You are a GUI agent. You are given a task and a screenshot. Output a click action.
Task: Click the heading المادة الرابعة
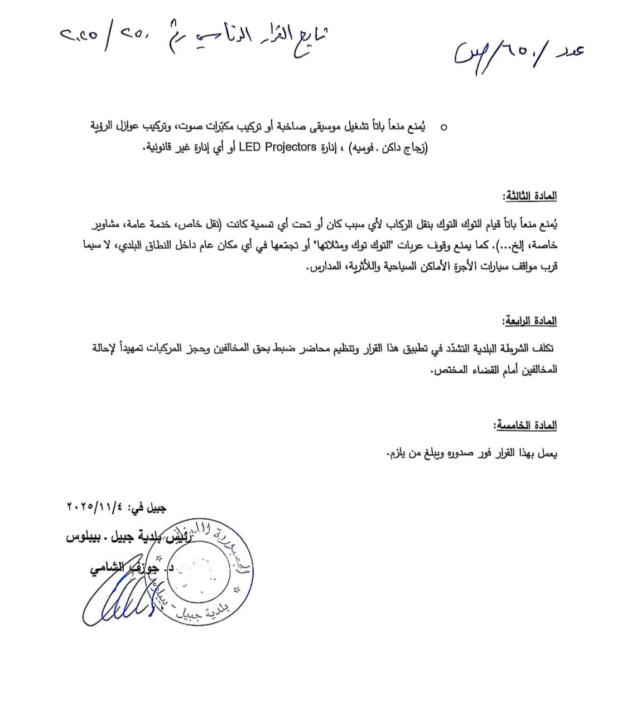pyautogui.click(x=529, y=321)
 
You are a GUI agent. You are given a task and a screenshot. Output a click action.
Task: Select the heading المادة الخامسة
pyautogui.click(x=525, y=425)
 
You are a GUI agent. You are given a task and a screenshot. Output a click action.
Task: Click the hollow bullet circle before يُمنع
pyautogui.click(x=443, y=128)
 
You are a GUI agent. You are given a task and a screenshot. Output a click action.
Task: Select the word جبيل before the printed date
pyautogui.click(x=153, y=508)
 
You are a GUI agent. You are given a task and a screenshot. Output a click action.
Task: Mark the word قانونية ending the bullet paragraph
pyautogui.click(x=161, y=148)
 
